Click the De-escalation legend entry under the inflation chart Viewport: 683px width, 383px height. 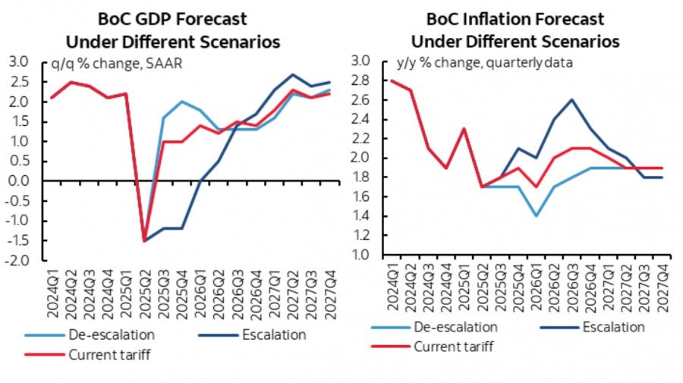point(434,328)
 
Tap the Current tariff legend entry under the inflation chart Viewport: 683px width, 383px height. point(434,346)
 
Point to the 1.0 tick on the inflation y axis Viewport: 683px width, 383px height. point(359,255)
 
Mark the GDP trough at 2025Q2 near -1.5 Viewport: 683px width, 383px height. point(143,241)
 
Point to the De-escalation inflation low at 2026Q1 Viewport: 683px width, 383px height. point(537,216)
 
